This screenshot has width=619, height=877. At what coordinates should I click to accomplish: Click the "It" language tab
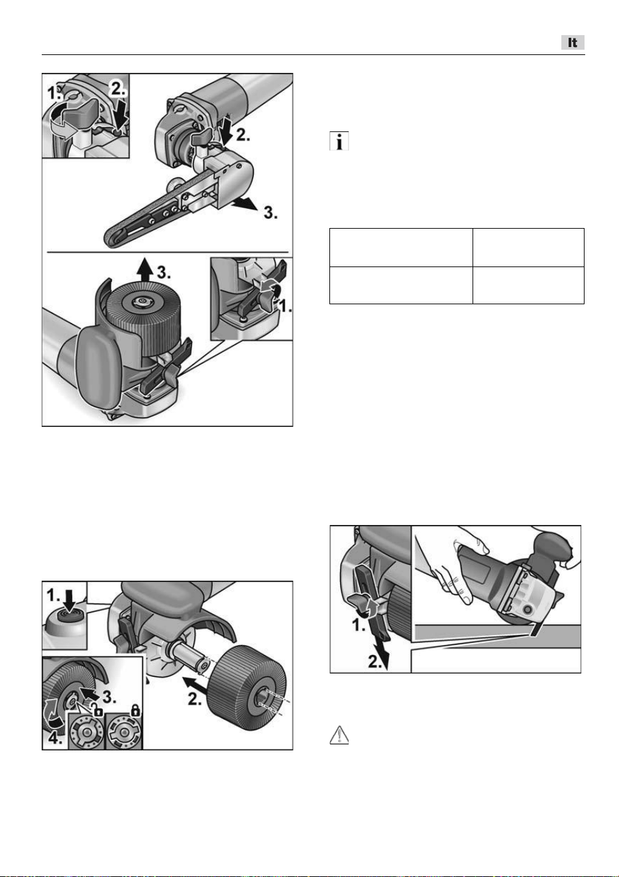(x=573, y=42)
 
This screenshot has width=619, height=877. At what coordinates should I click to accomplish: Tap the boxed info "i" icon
(x=339, y=141)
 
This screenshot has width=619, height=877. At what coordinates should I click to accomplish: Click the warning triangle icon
(x=339, y=735)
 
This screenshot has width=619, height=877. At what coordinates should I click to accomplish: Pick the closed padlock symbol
(x=135, y=709)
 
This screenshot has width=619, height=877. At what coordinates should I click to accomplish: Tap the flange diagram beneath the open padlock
(x=86, y=732)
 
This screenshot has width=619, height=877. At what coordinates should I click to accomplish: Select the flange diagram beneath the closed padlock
(x=124, y=732)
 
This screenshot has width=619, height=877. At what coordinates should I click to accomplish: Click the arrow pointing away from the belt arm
(x=244, y=204)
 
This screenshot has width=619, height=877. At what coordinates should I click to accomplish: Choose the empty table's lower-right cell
(x=529, y=285)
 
